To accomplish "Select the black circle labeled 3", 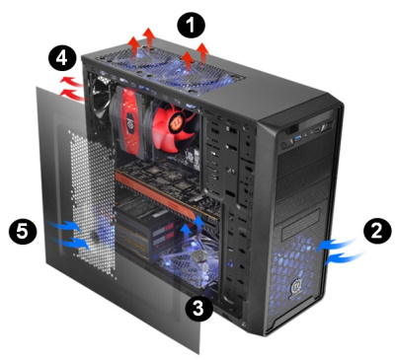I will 200,309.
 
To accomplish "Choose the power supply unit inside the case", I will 143,237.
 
